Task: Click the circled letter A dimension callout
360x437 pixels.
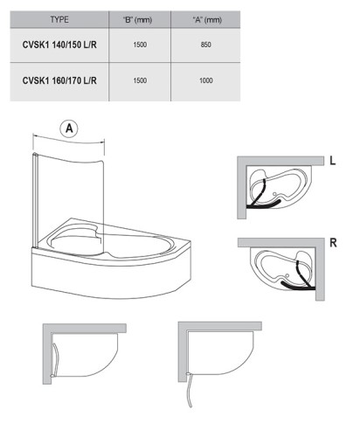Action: (x=70, y=128)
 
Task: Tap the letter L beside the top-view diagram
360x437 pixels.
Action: (x=333, y=161)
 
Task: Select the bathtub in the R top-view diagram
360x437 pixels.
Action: (x=281, y=267)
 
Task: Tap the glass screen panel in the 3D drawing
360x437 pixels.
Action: (x=70, y=188)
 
